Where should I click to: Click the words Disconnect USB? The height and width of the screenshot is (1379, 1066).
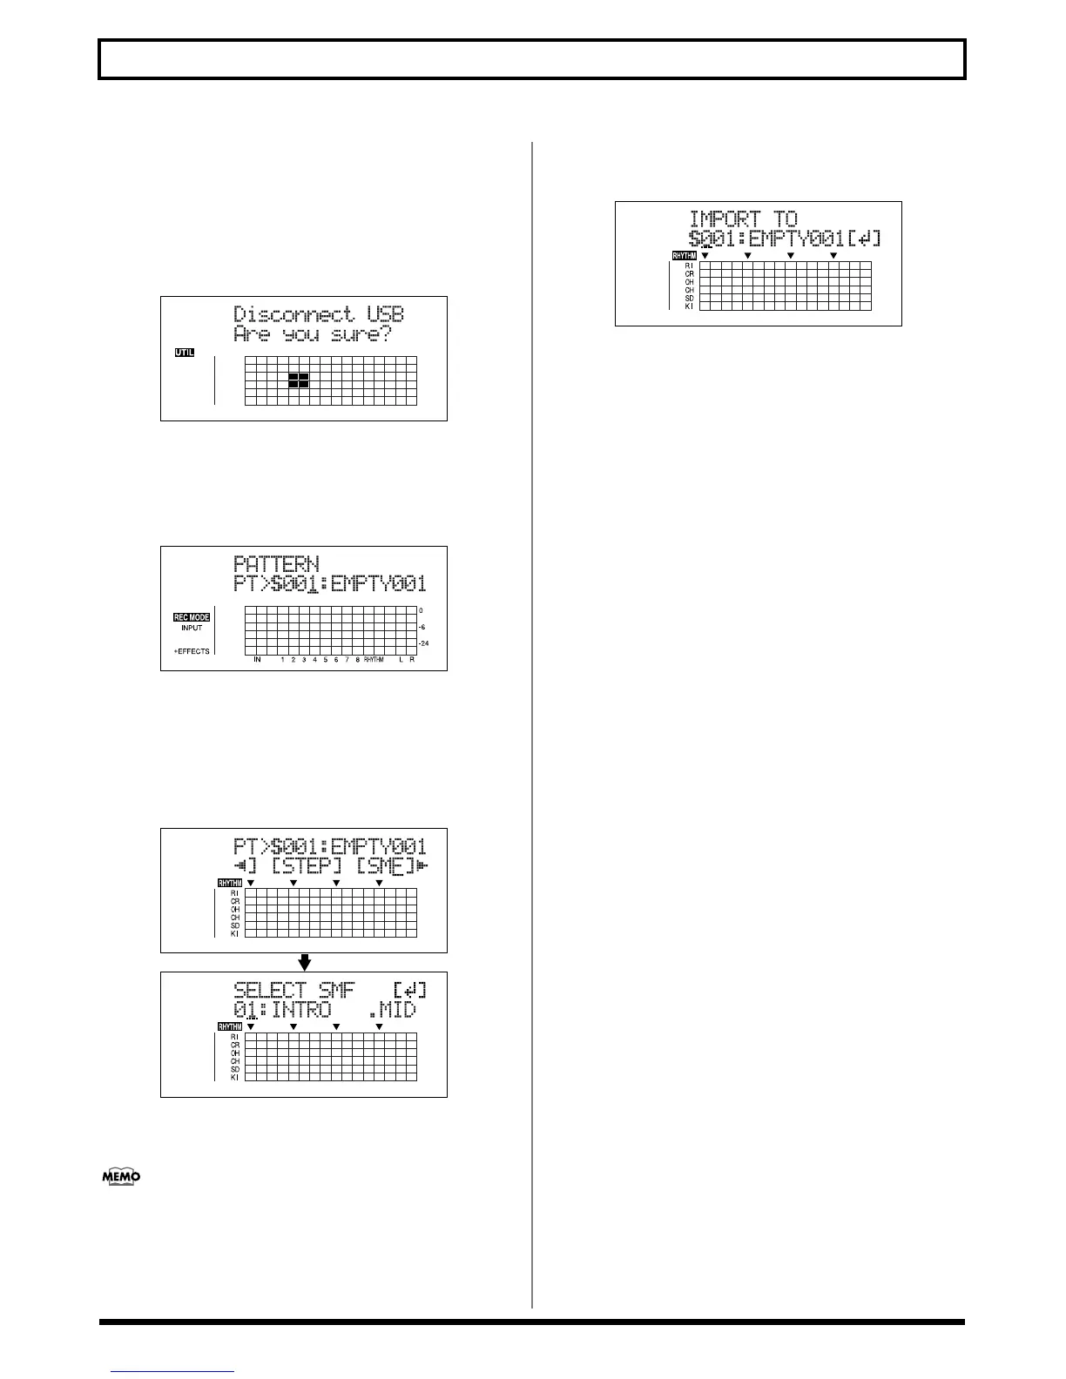[x=319, y=314]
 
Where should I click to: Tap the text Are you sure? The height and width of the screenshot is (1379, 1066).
[x=313, y=334]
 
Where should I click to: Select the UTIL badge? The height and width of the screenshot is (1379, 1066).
[x=184, y=353]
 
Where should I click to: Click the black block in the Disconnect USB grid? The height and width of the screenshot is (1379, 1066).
[x=298, y=380]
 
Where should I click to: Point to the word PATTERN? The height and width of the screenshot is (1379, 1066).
[x=276, y=564]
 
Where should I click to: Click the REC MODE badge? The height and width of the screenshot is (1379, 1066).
[x=192, y=617]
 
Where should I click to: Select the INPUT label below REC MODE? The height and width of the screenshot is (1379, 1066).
[x=192, y=628]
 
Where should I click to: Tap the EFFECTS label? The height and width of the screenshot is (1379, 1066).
[x=192, y=651]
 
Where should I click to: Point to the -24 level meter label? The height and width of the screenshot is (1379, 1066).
[x=424, y=643]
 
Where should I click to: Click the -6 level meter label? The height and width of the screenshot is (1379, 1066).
[x=422, y=627]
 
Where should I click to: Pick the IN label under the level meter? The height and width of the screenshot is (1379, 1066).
[x=258, y=660]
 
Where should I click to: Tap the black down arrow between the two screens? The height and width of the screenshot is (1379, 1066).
[x=304, y=962]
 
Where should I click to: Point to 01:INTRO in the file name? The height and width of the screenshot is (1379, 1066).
[x=282, y=1010]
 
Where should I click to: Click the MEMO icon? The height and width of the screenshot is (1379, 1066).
[x=121, y=1177]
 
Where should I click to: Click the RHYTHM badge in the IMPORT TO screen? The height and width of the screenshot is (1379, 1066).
[x=685, y=256]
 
